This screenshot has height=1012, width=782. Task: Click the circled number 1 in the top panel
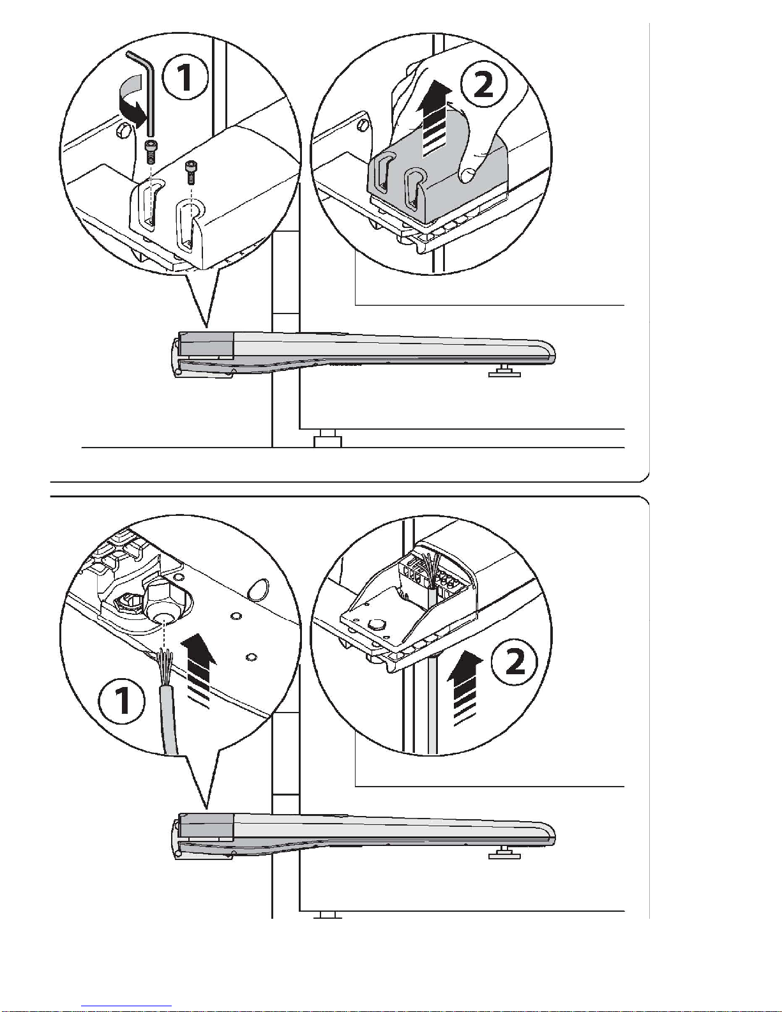(x=184, y=77)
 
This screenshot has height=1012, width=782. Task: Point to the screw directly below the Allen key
(x=151, y=151)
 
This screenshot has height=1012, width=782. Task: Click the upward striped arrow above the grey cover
(x=433, y=119)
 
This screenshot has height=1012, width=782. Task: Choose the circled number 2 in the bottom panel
(x=515, y=661)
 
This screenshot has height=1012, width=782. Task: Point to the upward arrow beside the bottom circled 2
(x=465, y=688)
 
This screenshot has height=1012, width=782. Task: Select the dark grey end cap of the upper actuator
(x=206, y=345)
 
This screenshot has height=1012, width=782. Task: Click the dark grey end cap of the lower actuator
(x=206, y=827)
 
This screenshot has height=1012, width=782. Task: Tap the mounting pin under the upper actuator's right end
(x=504, y=372)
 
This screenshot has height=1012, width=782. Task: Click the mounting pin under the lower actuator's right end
(x=504, y=853)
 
